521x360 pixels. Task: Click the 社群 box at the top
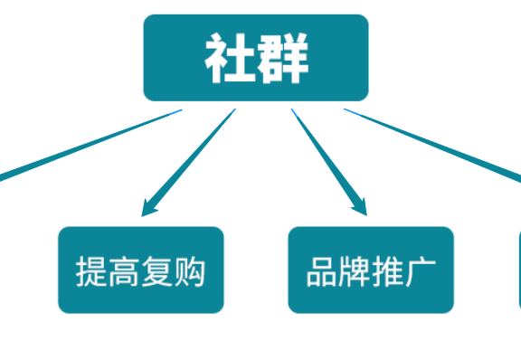[x=256, y=58]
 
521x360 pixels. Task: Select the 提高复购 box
[x=141, y=270]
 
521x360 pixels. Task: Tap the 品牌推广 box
[x=371, y=270]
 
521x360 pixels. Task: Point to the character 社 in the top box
[x=227, y=59]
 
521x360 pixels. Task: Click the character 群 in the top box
[x=283, y=59]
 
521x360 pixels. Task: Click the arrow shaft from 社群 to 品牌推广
[x=324, y=154]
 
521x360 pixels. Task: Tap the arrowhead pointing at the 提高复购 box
[x=149, y=209]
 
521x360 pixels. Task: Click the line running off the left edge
[x=81, y=147]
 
